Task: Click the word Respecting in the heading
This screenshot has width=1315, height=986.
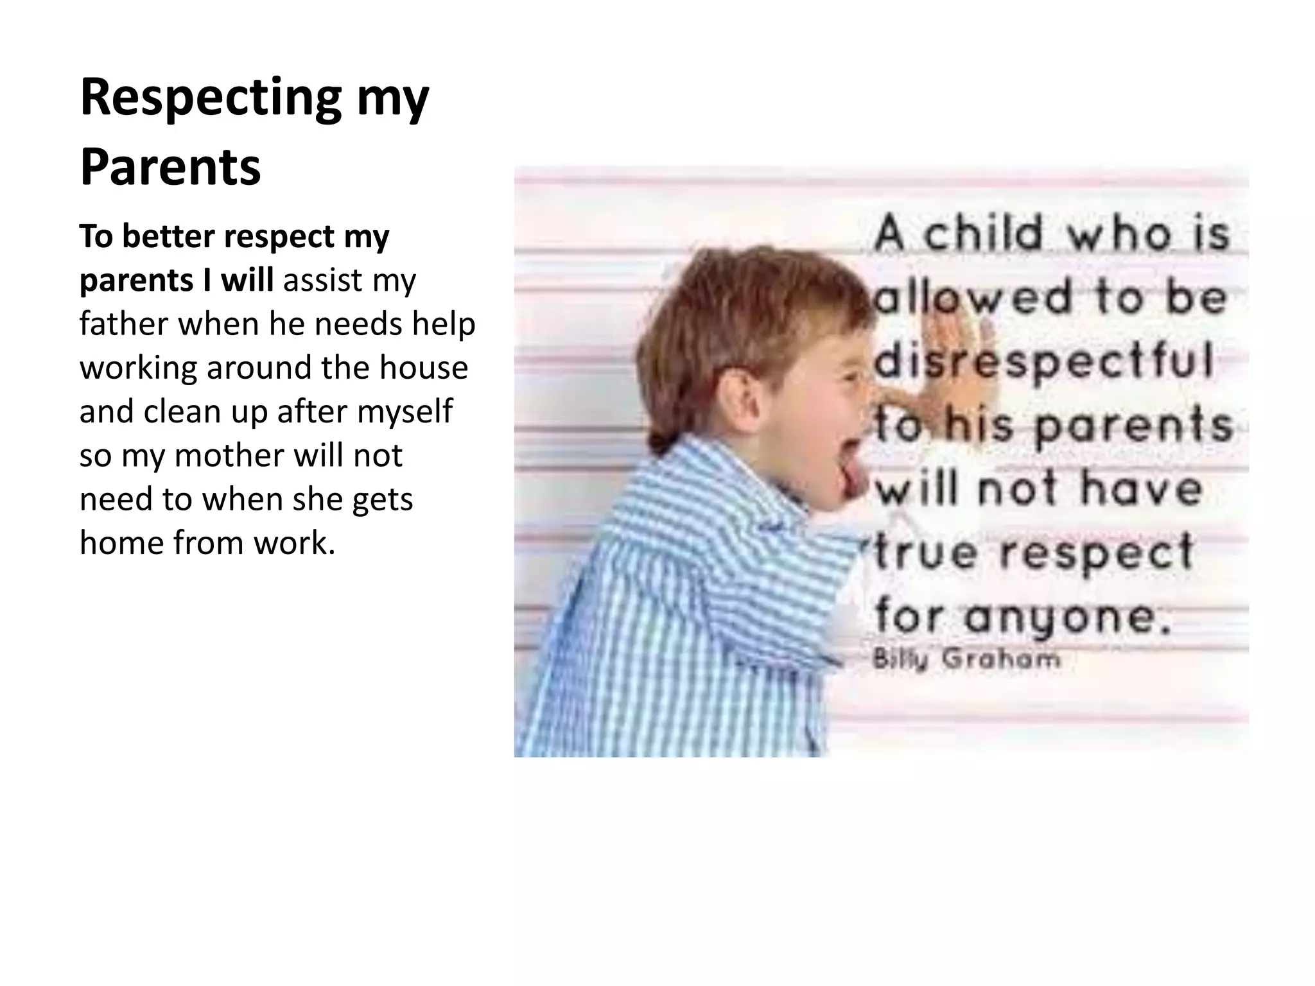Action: [211, 98]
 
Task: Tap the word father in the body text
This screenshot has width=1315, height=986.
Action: [123, 324]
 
